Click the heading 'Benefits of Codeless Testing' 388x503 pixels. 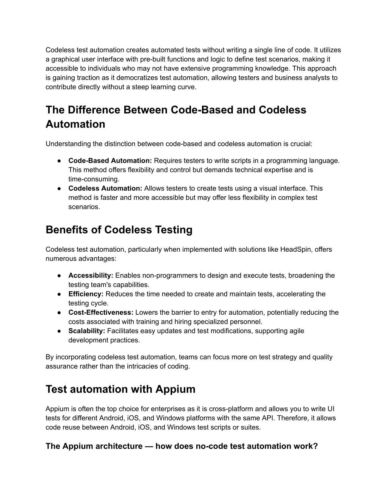(x=119, y=230)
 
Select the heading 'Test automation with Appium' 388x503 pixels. (x=120, y=389)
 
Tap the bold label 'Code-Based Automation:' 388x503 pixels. (x=110, y=161)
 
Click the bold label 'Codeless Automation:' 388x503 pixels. (x=105, y=188)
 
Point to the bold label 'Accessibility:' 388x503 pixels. (x=91, y=276)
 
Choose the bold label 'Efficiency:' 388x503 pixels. (x=86, y=294)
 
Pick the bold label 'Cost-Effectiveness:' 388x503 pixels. (x=101, y=313)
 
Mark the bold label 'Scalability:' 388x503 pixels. (x=87, y=331)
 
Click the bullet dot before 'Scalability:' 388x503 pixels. (x=60, y=331)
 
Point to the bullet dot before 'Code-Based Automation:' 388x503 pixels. (x=60, y=161)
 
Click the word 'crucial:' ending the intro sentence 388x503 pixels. (x=301, y=144)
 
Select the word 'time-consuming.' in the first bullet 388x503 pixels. (x=94, y=179)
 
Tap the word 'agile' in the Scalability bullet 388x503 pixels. (x=297, y=331)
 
